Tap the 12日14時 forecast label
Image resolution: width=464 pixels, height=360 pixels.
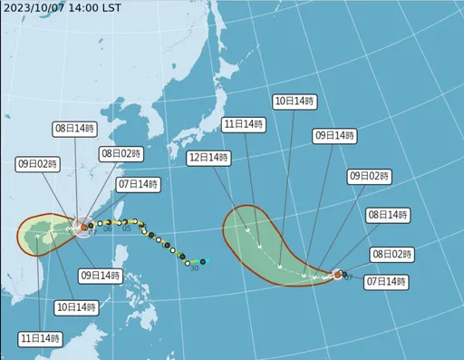(207, 157)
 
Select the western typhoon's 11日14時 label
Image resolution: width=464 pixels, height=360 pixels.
(40, 338)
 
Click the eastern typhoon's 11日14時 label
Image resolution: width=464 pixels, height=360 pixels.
(244, 123)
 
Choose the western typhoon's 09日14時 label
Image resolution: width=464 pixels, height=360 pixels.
(101, 275)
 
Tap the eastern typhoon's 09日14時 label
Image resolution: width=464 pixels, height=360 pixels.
(333, 135)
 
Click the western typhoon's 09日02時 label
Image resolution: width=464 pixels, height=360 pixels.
(36, 164)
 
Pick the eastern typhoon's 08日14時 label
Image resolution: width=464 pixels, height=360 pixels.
(387, 215)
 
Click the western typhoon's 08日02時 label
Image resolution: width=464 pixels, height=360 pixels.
(120, 154)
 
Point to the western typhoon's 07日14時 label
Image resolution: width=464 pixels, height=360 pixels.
(138, 185)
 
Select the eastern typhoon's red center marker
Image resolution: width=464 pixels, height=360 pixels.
(337, 273)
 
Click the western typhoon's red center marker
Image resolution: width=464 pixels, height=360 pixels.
(83, 228)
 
